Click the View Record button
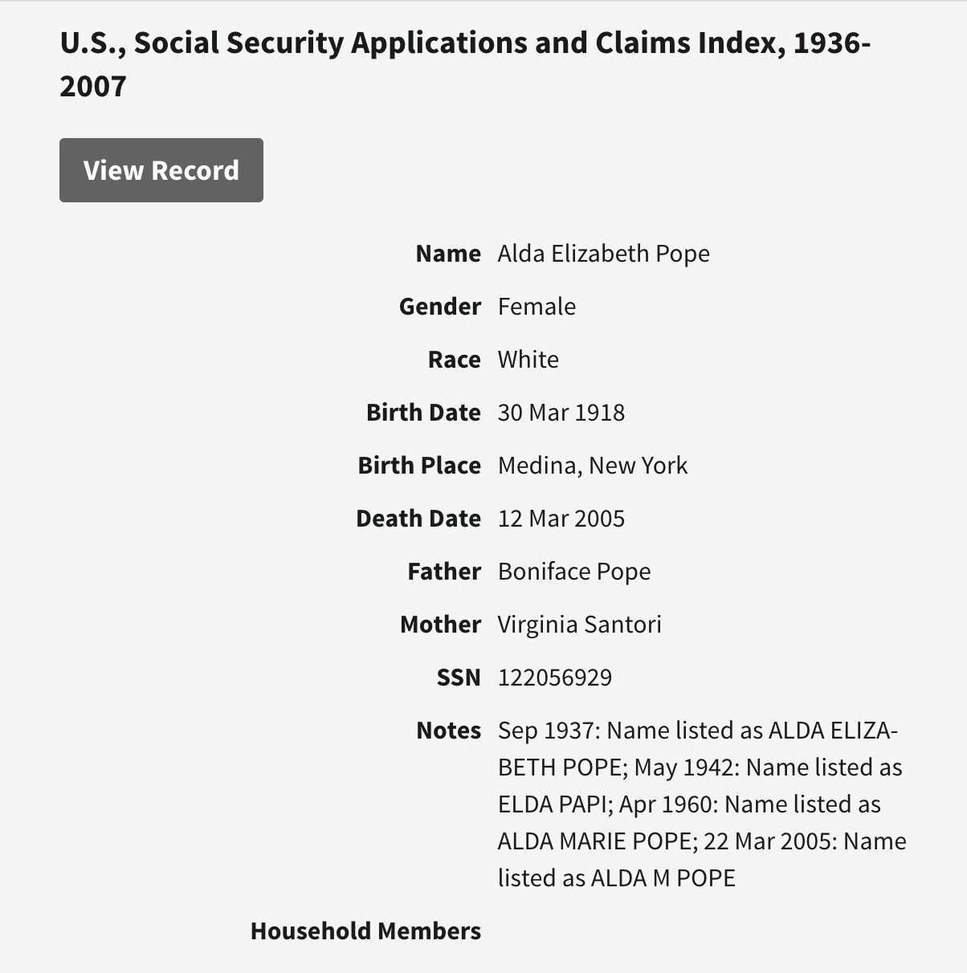pyautogui.click(x=161, y=170)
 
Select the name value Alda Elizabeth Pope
pyautogui.click(x=603, y=254)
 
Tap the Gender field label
pyautogui.click(x=439, y=307)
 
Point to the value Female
pyautogui.click(x=537, y=307)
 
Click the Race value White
pyautogui.click(x=528, y=360)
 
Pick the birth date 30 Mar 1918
pyautogui.click(x=561, y=413)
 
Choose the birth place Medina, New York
pyautogui.click(x=592, y=466)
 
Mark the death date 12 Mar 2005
pyautogui.click(x=561, y=519)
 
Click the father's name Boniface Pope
pyautogui.click(x=573, y=572)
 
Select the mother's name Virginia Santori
pyautogui.click(x=579, y=625)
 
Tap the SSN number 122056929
pyautogui.click(x=554, y=678)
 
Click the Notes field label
pyautogui.click(x=448, y=731)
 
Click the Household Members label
pyautogui.click(x=365, y=931)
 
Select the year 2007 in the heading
pyautogui.click(x=93, y=86)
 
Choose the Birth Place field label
pyautogui.click(x=418, y=466)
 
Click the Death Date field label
pyautogui.click(x=418, y=519)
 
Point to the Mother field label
pyautogui.click(x=440, y=625)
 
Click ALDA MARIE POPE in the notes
pyautogui.click(x=594, y=841)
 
